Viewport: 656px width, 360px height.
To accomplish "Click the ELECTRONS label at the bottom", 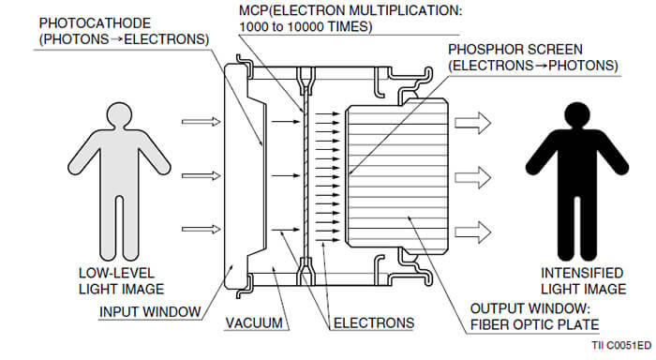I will (x=374, y=322).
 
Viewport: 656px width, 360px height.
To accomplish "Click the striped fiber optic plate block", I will (x=403, y=173).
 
